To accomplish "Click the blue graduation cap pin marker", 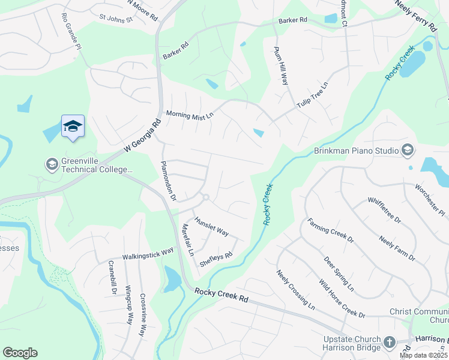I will (x=73, y=126).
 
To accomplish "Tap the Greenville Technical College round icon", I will (x=52, y=163).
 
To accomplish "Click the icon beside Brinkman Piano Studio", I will (x=408, y=149).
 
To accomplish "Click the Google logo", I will (x=20, y=353).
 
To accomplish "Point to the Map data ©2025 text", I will (x=424, y=355).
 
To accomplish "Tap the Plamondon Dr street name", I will (x=168, y=181).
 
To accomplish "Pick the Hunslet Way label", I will (x=211, y=227).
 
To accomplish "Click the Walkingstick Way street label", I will (x=148, y=253).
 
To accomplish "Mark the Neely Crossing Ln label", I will (x=295, y=290).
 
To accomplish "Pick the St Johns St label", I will (x=116, y=18).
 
